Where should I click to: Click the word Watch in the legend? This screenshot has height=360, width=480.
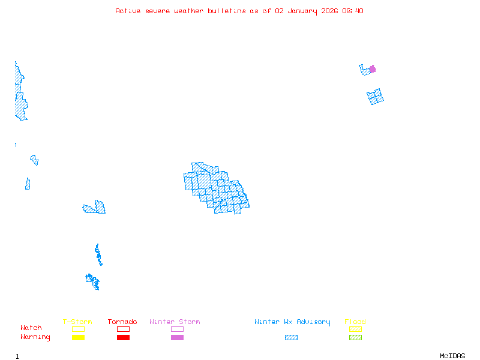tap(31, 328)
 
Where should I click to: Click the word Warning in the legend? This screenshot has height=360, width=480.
tap(35, 337)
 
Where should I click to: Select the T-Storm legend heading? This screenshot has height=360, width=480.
tap(77, 322)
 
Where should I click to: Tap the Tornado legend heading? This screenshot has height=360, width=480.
tap(122, 322)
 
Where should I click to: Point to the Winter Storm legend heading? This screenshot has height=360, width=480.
tap(175, 322)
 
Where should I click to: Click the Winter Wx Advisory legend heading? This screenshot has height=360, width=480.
tap(292, 322)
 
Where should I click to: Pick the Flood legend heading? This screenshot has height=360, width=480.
tap(355, 322)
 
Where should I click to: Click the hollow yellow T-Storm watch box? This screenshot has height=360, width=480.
tap(78, 329)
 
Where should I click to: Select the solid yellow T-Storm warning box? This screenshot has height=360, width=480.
tap(78, 337)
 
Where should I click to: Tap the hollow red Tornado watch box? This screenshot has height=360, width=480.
tap(123, 329)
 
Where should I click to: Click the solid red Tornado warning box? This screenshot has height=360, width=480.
tap(123, 337)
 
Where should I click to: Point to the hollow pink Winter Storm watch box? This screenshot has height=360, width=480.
tap(177, 329)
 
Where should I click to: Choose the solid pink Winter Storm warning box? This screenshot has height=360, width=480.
tap(177, 337)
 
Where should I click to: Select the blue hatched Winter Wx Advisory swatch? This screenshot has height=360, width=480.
tap(291, 337)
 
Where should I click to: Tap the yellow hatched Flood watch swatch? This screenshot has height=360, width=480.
tap(355, 329)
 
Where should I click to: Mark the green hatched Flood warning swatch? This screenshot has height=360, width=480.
tap(355, 337)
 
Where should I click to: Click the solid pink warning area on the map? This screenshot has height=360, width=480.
tap(373, 69)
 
